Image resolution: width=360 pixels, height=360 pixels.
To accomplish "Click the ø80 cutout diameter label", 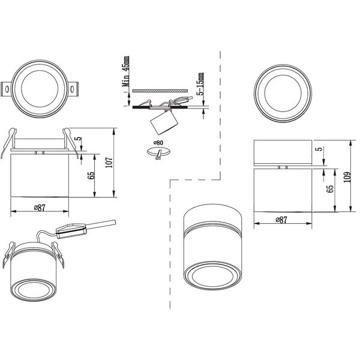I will click(159, 142).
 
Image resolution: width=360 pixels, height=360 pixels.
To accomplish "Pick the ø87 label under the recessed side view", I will click(40, 207).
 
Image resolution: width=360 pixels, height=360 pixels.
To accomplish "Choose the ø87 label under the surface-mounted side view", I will click(283, 220).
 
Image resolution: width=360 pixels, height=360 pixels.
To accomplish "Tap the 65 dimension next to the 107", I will click(91, 175).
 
